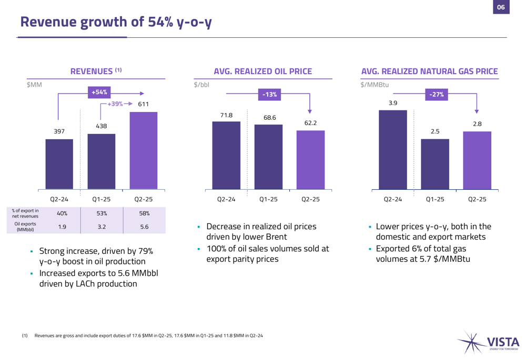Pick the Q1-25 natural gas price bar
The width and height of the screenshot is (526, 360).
[x=434, y=164]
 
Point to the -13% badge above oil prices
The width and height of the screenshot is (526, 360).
[x=269, y=95]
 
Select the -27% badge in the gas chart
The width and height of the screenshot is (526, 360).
[x=436, y=95]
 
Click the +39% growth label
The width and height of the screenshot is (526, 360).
[x=115, y=104]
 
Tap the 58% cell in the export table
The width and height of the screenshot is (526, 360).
[x=144, y=213]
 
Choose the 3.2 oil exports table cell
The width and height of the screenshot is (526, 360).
[x=102, y=227]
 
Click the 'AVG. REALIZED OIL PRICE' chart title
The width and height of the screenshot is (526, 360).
[x=262, y=71]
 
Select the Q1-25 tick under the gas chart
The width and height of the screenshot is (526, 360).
[x=434, y=200]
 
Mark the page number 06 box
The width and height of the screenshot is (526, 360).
[x=500, y=7]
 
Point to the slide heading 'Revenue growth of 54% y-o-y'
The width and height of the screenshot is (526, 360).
[x=116, y=22]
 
